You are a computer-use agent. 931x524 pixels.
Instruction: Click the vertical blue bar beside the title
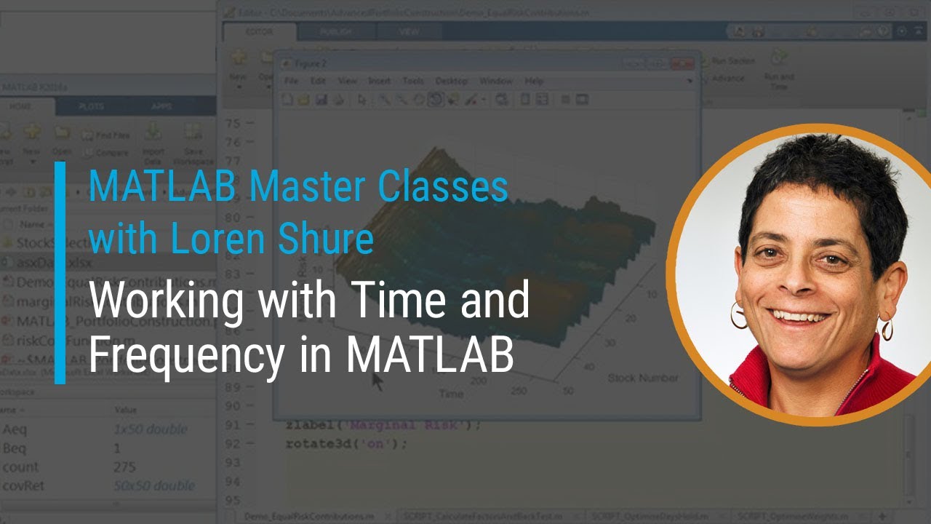click(60, 272)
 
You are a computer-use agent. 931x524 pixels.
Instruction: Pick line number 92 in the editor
click(233, 443)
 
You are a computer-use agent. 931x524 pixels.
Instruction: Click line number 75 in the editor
click(233, 123)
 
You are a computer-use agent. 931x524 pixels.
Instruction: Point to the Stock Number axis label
click(642, 378)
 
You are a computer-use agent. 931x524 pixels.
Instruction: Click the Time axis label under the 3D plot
click(450, 393)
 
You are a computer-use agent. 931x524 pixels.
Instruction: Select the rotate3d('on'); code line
click(346, 443)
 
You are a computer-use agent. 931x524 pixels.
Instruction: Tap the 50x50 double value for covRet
click(154, 485)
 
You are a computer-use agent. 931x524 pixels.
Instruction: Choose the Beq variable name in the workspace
click(15, 448)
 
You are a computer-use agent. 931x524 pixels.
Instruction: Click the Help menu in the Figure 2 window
click(534, 81)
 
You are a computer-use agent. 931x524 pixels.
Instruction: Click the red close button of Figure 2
click(682, 64)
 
